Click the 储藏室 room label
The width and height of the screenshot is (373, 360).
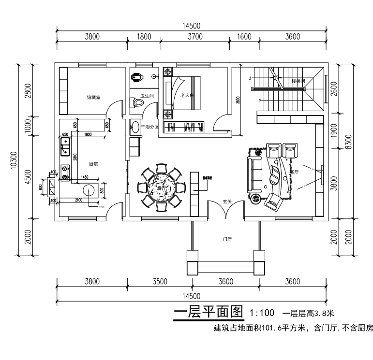pyautogui.click(x=93, y=97)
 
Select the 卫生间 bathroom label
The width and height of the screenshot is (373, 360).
pyautogui.click(x=147, y=96)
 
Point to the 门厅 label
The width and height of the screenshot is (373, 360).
pyautogui.click(x=227, y=239)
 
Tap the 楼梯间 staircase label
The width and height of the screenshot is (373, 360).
pyautogui.click(x=298, y=81)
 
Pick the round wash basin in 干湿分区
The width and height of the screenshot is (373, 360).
pyautogui.click(x=135, y=128)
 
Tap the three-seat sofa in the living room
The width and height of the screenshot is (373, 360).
pyautogui.click(x=253, y=175)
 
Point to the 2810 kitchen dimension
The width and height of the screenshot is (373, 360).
pyautogui.click(x=74, y=156)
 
